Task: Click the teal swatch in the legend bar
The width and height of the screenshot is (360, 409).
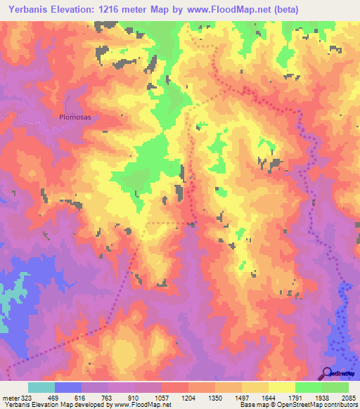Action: point(41,387)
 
